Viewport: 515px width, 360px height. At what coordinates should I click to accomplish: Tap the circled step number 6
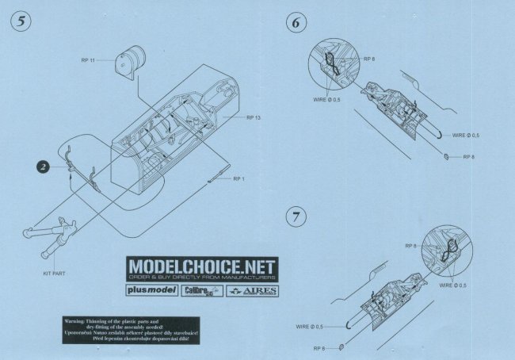(296, 22)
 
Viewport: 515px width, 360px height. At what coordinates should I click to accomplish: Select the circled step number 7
(296, 216)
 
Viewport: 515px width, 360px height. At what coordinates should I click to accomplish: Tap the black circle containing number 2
(44, 167)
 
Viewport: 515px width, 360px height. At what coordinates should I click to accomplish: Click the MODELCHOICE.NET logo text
(200, 266)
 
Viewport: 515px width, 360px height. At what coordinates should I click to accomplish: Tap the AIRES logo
(250, 291)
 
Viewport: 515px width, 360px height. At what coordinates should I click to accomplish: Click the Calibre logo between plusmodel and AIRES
(198, 291)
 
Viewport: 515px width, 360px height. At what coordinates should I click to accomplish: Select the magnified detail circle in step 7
(446, 247)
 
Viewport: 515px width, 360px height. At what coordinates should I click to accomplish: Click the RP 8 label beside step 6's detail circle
(368, 59)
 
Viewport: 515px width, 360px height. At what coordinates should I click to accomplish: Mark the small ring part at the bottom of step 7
(341, 346)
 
